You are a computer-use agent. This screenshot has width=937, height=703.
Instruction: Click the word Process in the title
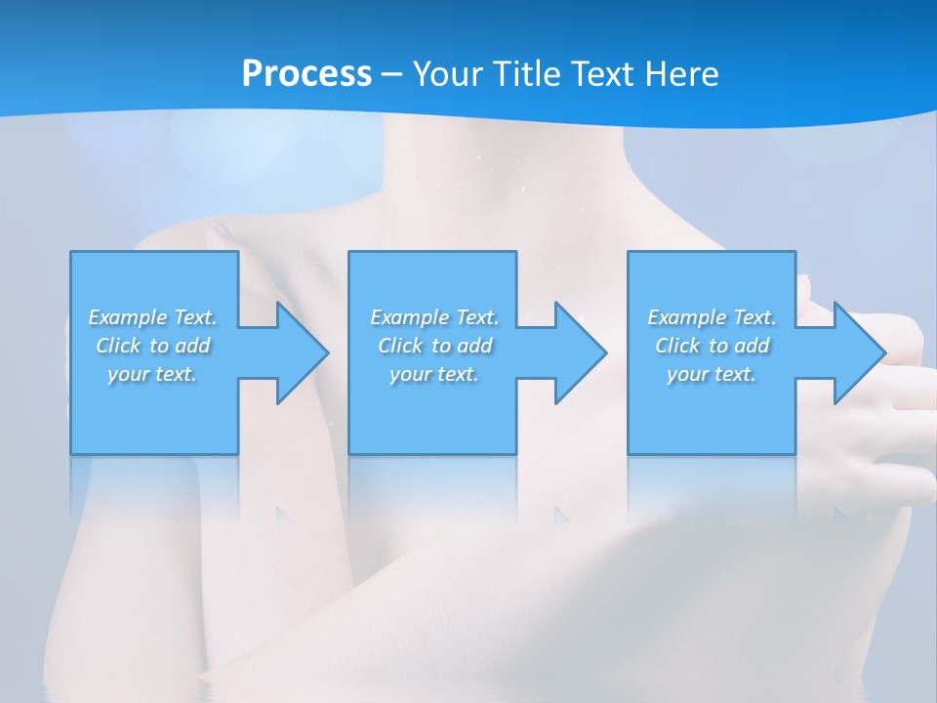pos(306,74)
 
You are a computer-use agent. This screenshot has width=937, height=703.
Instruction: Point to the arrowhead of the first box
pos(303,352)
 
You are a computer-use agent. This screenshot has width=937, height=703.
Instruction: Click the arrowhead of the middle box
pos(581,352)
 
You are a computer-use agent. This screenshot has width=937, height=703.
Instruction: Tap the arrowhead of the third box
pos(859,352)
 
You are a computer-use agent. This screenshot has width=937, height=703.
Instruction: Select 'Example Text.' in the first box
pos(152,317)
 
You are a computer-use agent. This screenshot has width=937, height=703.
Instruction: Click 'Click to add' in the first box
pos(152,346)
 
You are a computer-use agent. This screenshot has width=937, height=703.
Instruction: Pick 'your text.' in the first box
pos(152,374)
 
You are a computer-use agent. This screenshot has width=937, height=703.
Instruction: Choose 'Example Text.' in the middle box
pos(433,317)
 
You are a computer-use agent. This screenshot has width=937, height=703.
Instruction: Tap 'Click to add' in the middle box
pos(433,346)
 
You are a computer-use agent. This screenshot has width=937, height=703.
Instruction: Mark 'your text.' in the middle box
pos(433,374)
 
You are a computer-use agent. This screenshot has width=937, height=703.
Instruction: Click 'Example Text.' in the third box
pos(712,317)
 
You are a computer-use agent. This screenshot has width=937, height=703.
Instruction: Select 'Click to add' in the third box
pos(712,346)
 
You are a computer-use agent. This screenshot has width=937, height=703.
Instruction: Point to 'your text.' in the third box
pos(712,374)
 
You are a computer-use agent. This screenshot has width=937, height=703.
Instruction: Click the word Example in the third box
pos(687,317)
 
